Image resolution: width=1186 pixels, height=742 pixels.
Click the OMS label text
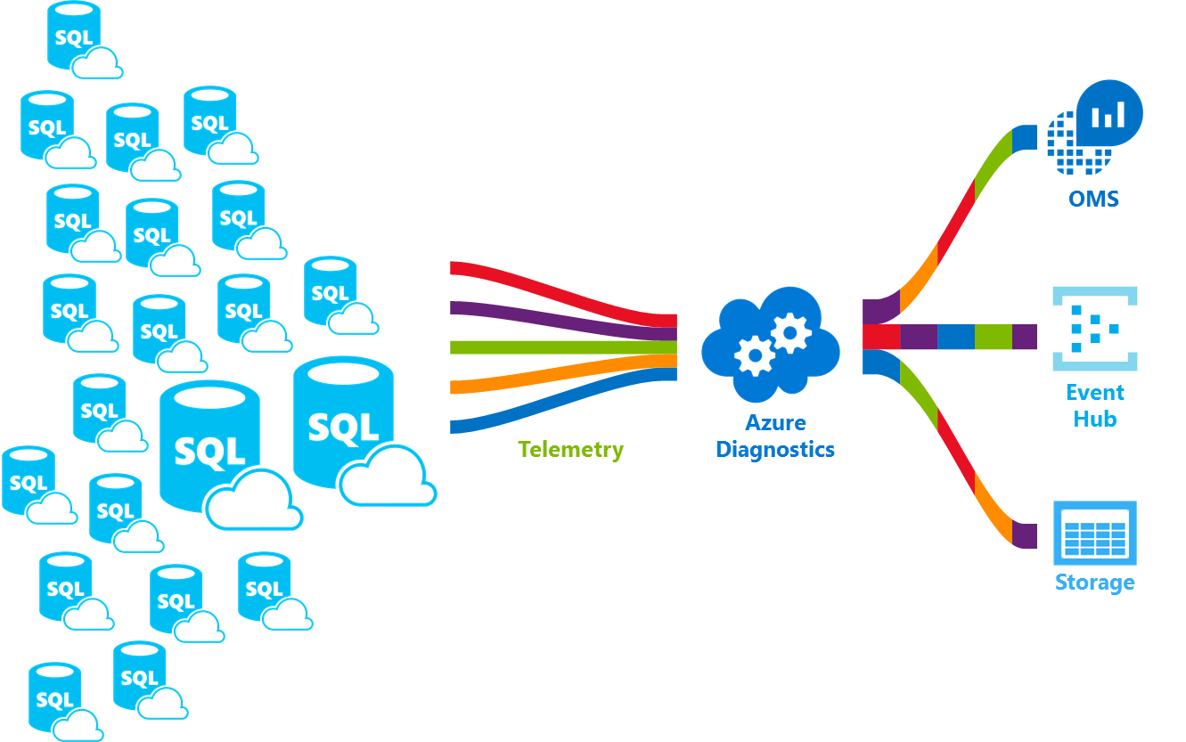pos(1093,198)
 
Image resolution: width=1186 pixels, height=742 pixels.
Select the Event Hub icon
pos(1095,329)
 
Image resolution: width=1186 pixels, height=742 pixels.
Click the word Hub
pos(1094,419)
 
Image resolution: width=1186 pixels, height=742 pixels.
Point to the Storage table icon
pos(1095,533)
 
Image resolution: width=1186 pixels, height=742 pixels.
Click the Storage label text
pos(1094,583)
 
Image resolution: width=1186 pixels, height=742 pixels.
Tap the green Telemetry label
pos(570,449)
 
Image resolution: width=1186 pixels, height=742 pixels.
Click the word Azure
pos(775,423)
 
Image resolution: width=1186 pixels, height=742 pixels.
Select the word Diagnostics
pos(775,449)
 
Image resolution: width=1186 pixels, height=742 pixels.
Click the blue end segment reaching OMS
pos(1026,137)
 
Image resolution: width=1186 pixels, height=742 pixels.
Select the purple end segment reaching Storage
pos(1025,535)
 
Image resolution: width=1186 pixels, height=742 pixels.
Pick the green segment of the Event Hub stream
pos(993,337)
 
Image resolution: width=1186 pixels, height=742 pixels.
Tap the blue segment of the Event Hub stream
pos(955,337)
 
